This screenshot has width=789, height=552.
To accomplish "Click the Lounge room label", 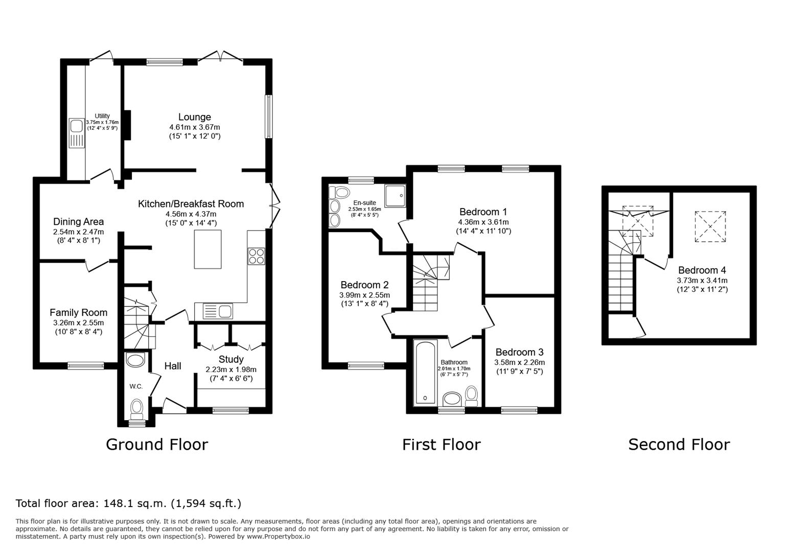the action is point(194,117).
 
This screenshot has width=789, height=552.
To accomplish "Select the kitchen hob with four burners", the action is point(257,256).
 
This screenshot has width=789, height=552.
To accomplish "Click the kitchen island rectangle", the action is point(208,249).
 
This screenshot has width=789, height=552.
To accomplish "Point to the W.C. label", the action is point(136,386).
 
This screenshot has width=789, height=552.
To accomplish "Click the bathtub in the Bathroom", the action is point(425,373).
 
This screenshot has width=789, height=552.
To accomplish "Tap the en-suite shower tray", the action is point(395,196).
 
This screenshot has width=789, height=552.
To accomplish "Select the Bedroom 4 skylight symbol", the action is point(710,226).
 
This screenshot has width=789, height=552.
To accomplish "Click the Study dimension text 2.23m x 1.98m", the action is point(231,370).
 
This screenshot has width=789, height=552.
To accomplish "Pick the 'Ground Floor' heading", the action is point(157,445).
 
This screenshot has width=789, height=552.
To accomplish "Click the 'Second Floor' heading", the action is point(679,445).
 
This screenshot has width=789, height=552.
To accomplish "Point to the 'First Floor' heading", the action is point(442,445).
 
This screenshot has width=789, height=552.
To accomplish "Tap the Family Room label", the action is point(79,312).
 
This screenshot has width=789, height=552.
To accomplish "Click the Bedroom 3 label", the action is point(520,352).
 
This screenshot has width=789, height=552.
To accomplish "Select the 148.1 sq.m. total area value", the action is point(134,503).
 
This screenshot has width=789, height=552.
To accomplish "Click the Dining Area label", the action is point(79,222).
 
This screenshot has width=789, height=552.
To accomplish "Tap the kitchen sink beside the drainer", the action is point(225,311).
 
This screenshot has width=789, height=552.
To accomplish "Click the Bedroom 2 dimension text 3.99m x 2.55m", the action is point(364,295).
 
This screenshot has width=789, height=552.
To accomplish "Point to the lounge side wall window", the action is point(269,116).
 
